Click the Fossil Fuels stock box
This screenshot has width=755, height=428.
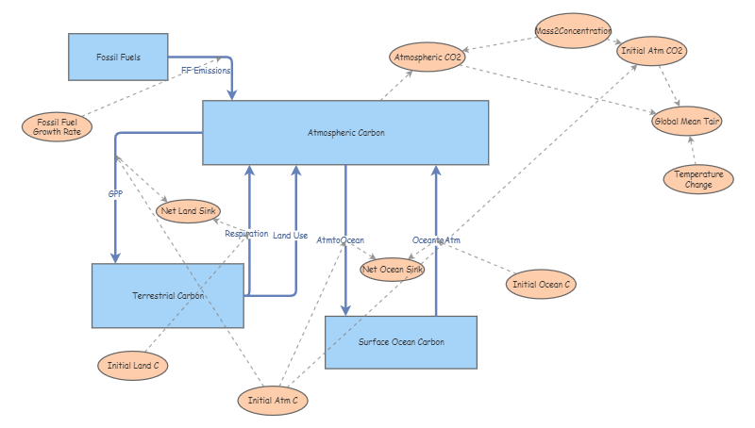[x=118, y=58]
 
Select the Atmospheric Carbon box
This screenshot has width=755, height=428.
[x=345, y=132]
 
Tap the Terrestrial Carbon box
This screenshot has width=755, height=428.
[x=168, y=296]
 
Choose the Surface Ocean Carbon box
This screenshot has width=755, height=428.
[x=401, y=342]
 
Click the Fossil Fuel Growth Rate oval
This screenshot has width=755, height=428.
[x=59, y=126]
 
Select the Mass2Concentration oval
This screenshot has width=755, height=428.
[x=573, y=31]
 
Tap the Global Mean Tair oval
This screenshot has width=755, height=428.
[x=687, y=121]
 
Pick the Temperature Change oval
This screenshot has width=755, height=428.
[x=698, y=179]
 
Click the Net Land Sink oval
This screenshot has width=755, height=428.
[x=188, y=210]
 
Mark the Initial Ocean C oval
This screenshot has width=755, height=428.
[x=542, y=284]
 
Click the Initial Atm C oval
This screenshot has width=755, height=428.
[x=273, y=401]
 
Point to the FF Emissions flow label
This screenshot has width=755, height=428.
[x=206, y=71]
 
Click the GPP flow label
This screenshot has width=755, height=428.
[x=115, y=194]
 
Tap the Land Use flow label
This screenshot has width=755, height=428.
[x=291, y=235]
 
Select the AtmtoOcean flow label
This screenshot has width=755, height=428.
[x=341, y=240]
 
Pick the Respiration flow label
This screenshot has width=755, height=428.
[x=246, y=233]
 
